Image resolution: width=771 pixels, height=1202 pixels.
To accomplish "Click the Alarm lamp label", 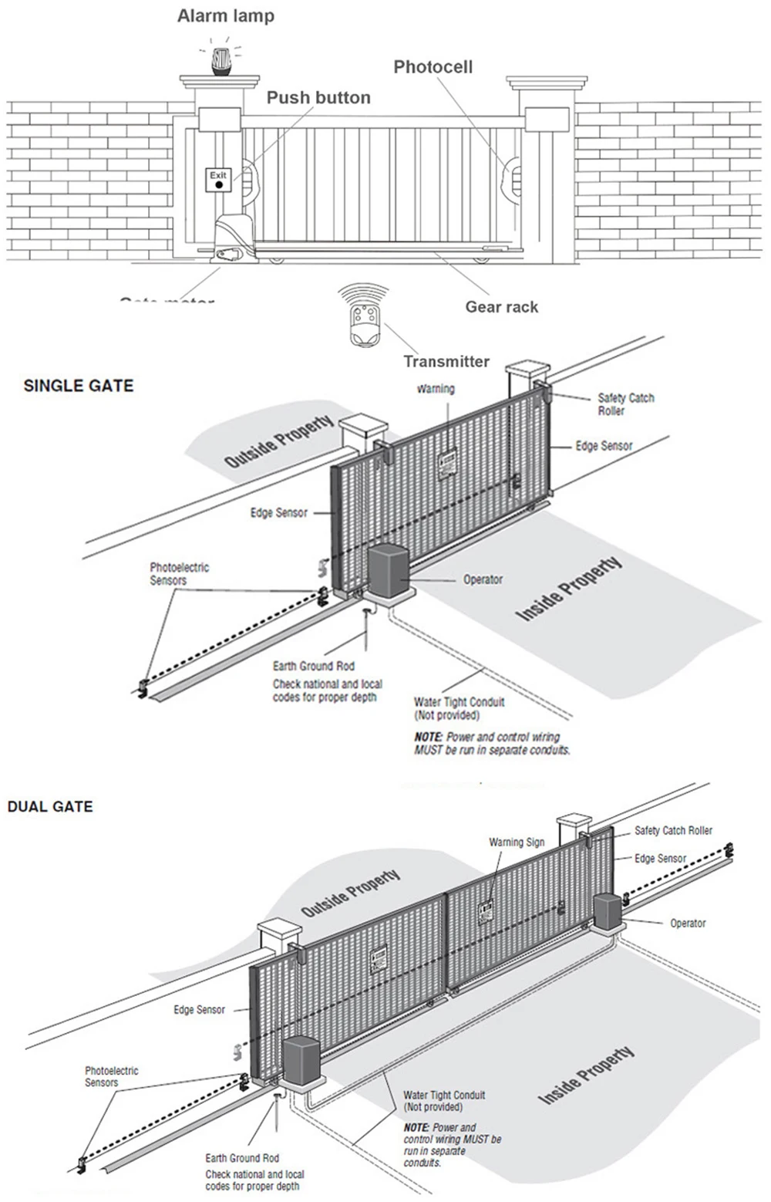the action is point(225,15).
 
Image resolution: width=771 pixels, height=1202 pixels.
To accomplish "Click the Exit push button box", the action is point(219,181).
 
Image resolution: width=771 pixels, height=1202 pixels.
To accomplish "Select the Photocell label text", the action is point(433,67).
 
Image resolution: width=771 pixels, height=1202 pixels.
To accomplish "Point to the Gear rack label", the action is point(501,306).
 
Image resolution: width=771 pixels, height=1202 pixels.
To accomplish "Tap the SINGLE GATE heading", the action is point(79,386).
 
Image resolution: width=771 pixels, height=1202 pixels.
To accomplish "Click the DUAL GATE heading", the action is point(50,807).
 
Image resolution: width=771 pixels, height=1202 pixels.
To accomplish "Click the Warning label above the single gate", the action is point(436,389).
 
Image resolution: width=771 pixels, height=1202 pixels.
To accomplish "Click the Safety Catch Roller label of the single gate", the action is point(625,404).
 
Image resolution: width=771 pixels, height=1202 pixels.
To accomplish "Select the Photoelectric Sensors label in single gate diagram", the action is point(179,573).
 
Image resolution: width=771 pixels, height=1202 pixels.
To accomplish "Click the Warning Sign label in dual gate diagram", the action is point(517,842).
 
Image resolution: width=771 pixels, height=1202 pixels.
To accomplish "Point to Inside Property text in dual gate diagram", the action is point(586,1075).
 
